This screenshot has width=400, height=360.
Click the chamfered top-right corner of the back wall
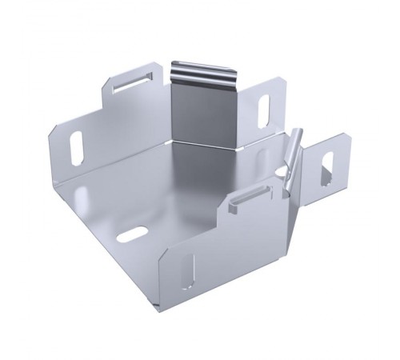click(281, 80)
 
